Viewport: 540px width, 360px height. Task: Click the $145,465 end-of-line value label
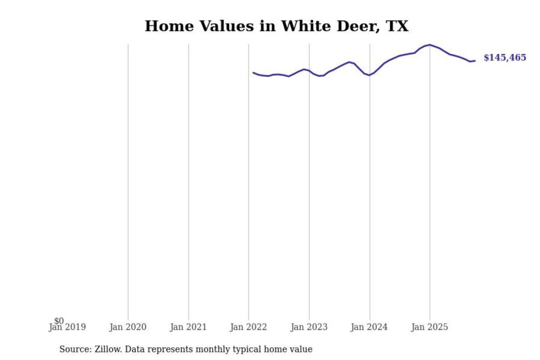click(x=505, y=57)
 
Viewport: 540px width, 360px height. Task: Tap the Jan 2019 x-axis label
click(x=67, y=327)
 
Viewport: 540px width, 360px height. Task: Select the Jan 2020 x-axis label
click(x=128, y=327)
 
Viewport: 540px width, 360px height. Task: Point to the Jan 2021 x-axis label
click(x=188, y=327)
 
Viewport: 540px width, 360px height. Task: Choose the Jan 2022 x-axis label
click(x=248, y=327)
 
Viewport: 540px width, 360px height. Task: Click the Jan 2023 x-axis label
click(x=309, y=327)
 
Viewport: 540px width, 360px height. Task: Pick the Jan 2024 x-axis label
click(x=369, y=327)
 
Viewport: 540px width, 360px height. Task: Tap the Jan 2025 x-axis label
click(x=429, y=327)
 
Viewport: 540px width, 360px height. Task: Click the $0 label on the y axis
click(x=59, y=321)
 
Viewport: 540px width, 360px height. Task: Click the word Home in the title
click(x=169, y=26)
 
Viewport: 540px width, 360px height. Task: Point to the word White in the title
click(x=306, y=26)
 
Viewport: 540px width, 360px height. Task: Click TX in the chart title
click(x=397, y=26)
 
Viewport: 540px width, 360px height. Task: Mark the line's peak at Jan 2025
click(x=430, y=45)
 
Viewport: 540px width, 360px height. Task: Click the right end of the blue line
click(x=475, y=61)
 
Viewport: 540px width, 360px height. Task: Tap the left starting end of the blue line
click(x=253, y=73)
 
